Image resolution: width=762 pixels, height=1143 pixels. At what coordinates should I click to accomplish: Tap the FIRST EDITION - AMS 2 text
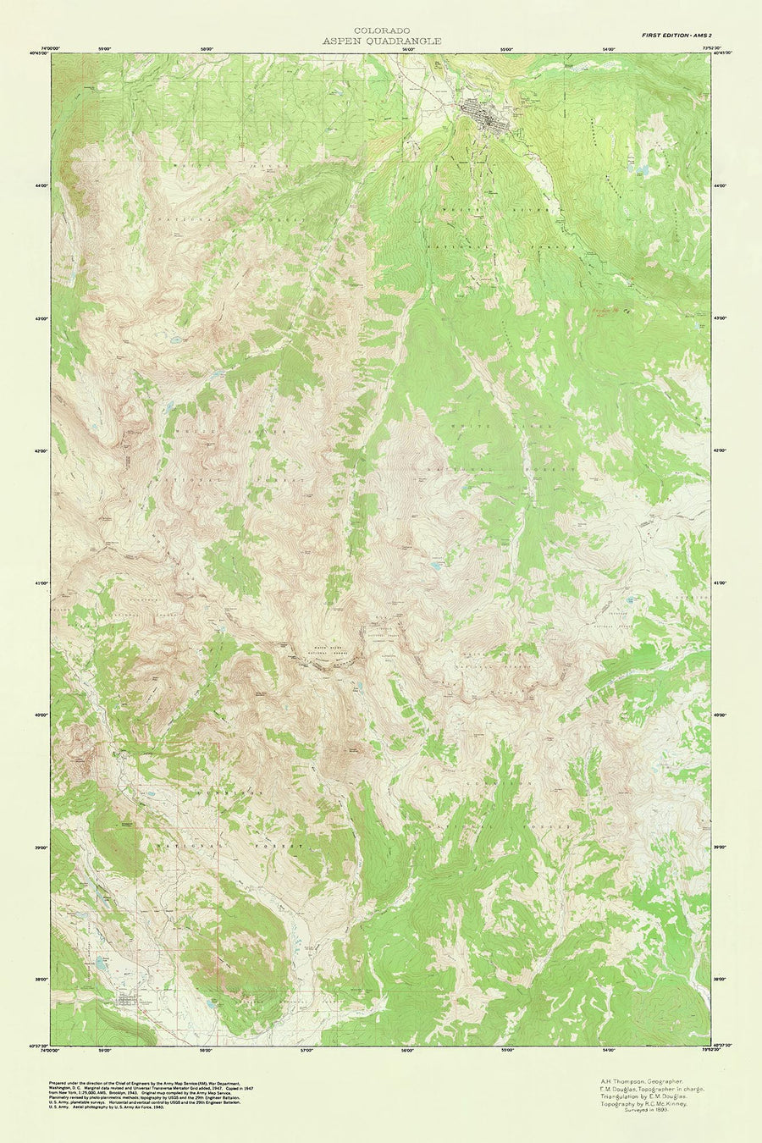click(676, 34)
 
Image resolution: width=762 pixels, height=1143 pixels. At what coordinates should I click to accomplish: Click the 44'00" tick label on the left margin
click(42, 185)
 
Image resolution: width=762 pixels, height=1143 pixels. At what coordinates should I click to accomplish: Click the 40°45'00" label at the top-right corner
click(722, 52)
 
